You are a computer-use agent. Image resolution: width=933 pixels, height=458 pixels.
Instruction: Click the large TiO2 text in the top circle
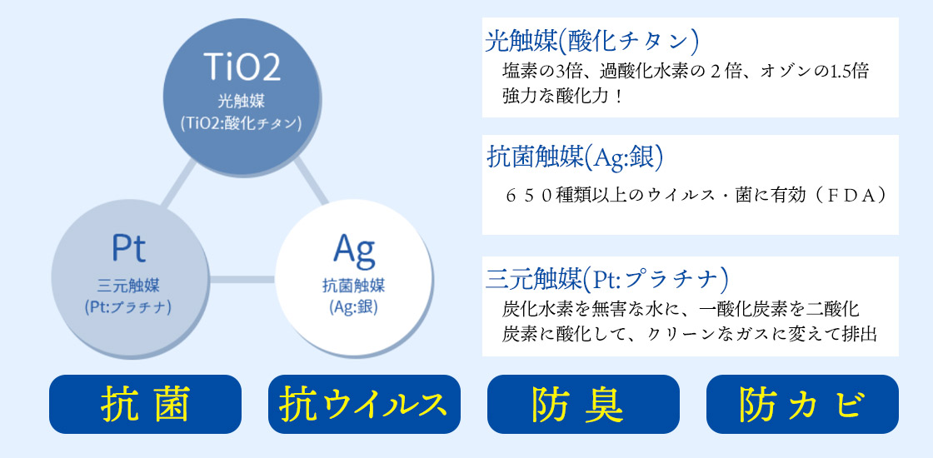point(242,66)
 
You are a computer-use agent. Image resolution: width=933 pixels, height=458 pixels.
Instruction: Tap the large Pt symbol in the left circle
point(128,249)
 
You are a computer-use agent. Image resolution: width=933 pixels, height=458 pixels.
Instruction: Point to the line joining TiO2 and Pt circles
point(178,182)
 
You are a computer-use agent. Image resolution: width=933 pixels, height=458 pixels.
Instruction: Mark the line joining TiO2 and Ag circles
point(312,180)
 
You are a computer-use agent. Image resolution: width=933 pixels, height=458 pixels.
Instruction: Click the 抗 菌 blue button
point(145,404)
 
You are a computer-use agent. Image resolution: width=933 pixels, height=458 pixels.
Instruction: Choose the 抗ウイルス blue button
point(364,404)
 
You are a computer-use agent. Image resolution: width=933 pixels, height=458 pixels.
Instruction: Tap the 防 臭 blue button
point(583,404)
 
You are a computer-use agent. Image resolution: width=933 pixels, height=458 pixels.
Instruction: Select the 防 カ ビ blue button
point(802,404)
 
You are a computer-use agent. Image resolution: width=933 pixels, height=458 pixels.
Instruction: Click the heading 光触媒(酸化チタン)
point(591,41)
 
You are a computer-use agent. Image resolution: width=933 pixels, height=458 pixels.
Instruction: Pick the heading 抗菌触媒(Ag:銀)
point(575,157)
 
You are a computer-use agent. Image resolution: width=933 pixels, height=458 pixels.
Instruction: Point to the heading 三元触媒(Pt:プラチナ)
point(607,278)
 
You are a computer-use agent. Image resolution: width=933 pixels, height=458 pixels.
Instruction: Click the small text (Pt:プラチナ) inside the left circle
point(128,307)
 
